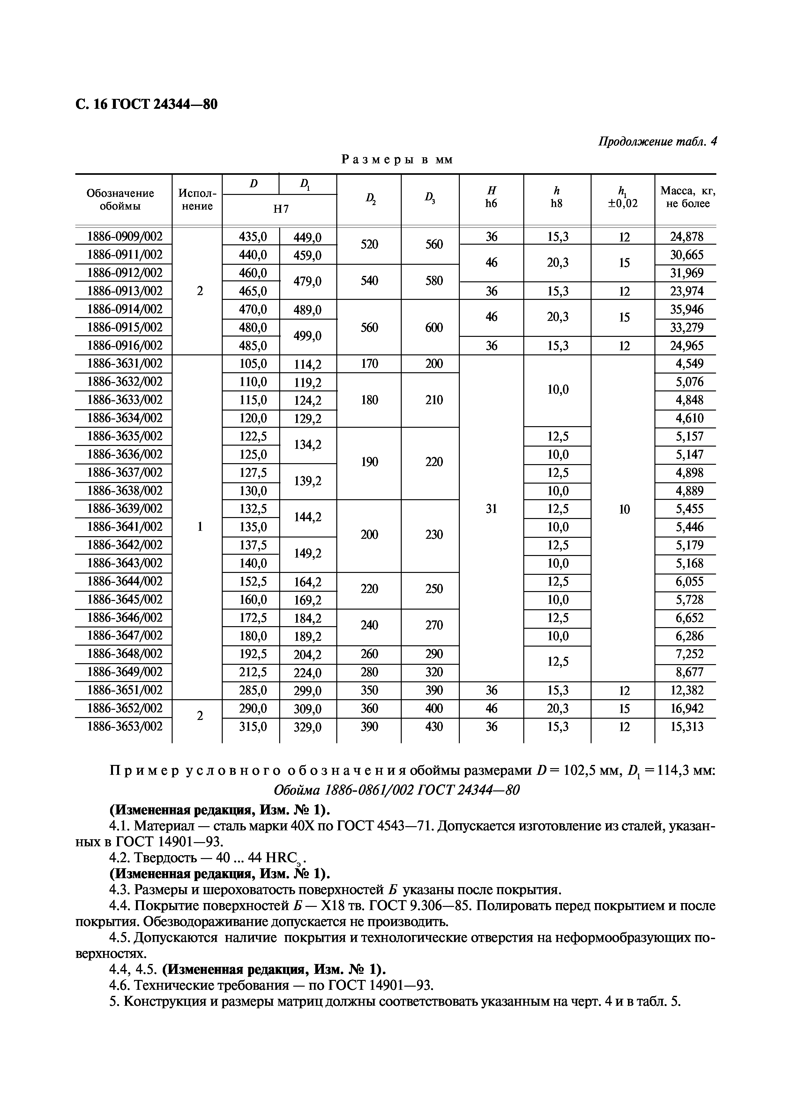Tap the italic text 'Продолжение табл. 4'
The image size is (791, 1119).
(x=657, y=142)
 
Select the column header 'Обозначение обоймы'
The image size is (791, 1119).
(x=120, y=199)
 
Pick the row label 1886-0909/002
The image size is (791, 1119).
(x=124, y=237)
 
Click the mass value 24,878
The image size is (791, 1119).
(x=686, y=237)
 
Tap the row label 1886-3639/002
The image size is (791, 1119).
(x=124, y=508)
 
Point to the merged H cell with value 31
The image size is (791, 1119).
(x=491, y=509)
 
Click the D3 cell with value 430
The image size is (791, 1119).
(x=434, y=727)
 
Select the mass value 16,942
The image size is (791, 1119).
(x=686, y=709)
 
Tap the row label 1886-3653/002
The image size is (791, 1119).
(x=124, y=726)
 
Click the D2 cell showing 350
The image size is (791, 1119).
(x=369, y=690)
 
